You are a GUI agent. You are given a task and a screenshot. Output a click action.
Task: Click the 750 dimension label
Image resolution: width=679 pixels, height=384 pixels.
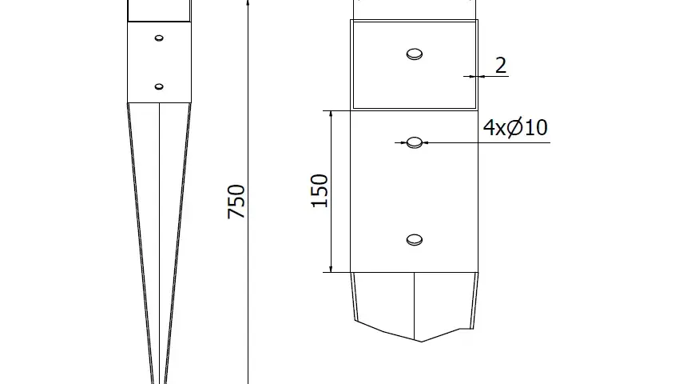236,202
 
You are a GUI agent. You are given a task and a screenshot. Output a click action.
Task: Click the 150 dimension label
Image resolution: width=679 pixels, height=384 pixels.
320,191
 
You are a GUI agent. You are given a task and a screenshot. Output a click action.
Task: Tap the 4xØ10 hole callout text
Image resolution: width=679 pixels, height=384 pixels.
515,127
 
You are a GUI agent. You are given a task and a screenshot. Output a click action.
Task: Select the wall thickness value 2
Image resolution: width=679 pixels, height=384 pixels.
501,66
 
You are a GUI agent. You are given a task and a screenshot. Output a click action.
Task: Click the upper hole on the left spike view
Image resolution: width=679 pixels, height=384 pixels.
159,38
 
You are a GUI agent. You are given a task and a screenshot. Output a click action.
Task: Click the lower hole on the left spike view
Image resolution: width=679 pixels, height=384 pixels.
159,86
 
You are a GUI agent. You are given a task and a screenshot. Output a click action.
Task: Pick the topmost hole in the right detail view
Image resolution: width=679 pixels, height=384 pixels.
415,54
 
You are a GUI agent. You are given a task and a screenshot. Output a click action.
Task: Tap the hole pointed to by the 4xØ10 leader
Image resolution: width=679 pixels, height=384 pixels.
415,142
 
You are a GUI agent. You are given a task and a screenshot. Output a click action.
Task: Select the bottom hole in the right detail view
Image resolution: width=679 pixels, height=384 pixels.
415,240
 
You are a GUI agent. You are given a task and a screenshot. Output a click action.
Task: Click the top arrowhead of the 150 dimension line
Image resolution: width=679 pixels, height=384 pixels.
331,114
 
